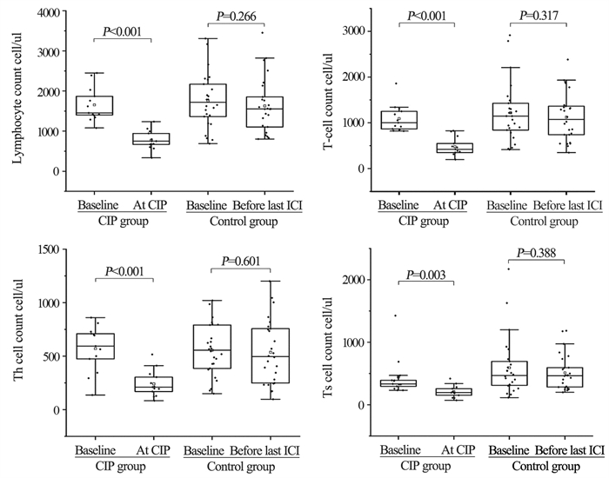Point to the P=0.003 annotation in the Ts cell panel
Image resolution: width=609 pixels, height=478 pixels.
point(423,276)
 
